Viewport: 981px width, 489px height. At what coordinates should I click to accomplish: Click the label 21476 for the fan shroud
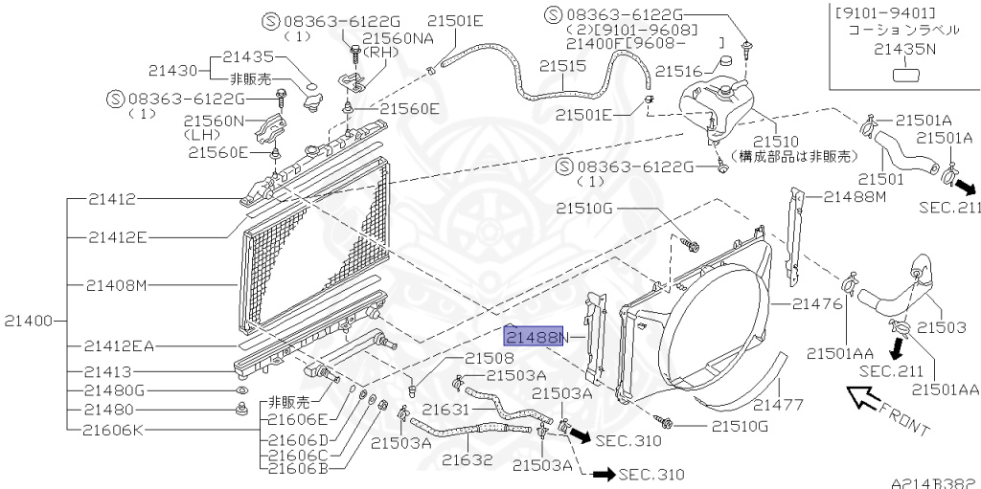pos(817,304)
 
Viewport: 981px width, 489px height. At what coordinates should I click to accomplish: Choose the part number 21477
pos(778,406)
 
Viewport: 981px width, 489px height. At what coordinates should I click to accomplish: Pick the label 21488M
pos(855,196)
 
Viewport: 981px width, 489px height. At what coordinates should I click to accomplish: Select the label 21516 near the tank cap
pos(680,71)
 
